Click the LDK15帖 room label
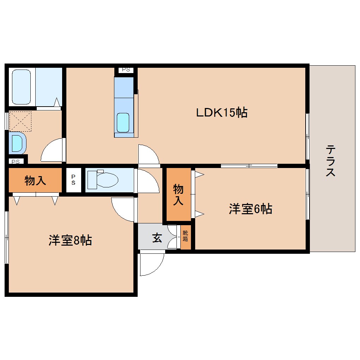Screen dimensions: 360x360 [222, 113]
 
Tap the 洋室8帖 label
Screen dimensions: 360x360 [70, 240]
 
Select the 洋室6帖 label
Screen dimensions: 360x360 [250, 209]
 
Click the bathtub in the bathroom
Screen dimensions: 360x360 [22, 87]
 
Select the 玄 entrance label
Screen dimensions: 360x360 [157, 238]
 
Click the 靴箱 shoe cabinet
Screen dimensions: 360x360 [186, 236]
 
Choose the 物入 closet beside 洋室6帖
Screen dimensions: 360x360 [178, 194]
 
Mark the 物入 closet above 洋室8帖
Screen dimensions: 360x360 [35, 181]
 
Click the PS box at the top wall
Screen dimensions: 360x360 [126, 70]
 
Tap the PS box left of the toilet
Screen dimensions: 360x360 [73, 180]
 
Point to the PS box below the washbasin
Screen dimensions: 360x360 [16, 162]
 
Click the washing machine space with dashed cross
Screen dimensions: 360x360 [20, 121]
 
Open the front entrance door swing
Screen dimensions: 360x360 [152, 263]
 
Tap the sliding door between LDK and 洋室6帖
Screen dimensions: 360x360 [249, 166]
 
